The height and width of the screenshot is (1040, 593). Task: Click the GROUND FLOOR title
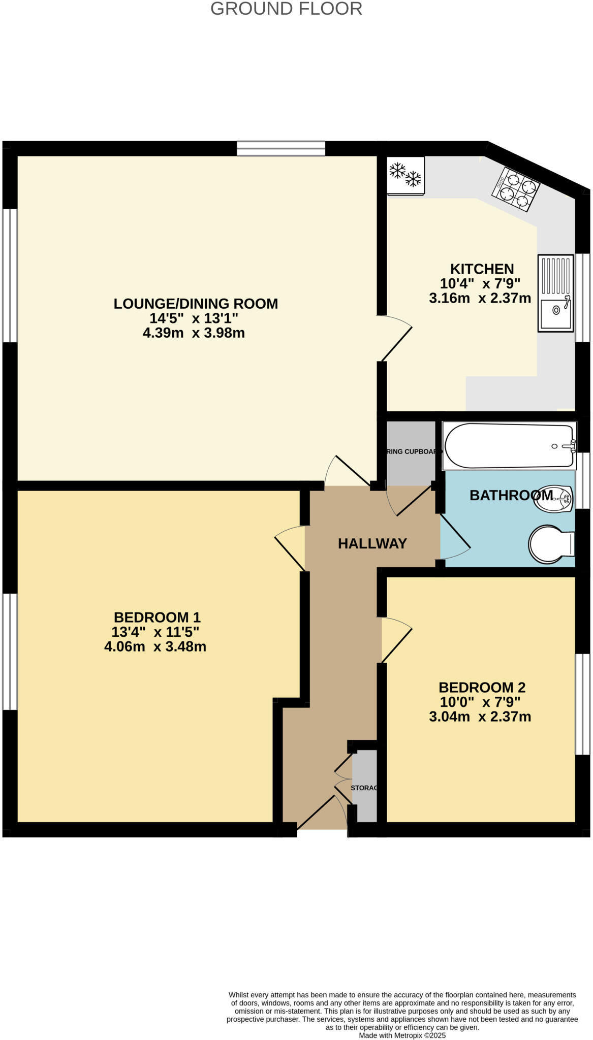[x=286, y=9]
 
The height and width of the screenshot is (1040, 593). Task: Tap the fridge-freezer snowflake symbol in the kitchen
[x=405, y=175]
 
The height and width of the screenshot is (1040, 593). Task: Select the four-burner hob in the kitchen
[x=515, y=188]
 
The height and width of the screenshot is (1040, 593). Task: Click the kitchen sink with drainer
[x=555, y=294]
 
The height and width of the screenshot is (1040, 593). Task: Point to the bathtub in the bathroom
[x=509, y=446]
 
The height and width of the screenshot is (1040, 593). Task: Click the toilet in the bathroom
[x=551, y=544]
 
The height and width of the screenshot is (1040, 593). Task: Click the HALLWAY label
[x=372, y=544]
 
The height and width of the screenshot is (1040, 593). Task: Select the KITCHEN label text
[x=482, y=269]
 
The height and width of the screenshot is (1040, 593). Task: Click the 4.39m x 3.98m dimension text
[x=194, y=333]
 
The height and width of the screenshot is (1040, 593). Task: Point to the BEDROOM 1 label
[x=157, y=617]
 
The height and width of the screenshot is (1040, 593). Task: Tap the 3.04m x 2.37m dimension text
[x=480, y=717]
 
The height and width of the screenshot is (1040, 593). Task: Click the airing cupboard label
[x=411, y=451]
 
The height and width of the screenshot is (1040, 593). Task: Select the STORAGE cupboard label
[x=364, y=788]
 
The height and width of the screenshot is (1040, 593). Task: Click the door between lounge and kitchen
[x=395, y=338]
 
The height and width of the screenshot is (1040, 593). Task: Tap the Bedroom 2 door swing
[x=395, y=639]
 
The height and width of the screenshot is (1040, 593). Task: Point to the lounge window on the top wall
[x=281, y=148]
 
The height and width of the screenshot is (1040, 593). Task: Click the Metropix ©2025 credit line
[x=402, y=1035]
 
